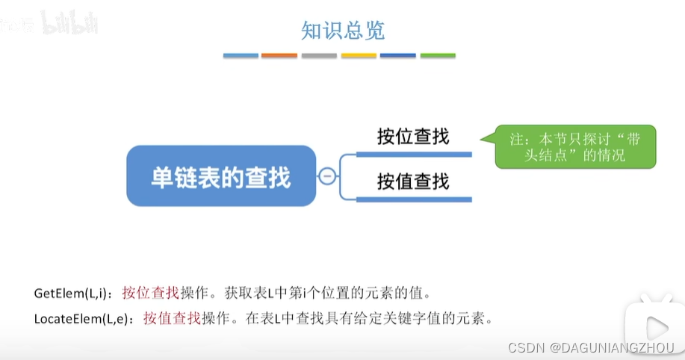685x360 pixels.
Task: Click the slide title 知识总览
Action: [x=342, y=31]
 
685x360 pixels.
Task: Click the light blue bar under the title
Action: [x=241, y=55]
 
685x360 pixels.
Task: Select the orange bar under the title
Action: [x=279, y=55]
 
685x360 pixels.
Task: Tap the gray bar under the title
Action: [x=319, y=55]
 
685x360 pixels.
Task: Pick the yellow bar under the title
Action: [x=359, y=55]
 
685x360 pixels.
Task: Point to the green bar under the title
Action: [x=438, y=55]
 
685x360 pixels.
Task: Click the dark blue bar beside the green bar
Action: [x=398, y=55]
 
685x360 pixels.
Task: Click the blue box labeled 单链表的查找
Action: [x=221, y=176]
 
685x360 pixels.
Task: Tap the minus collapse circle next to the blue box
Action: [x=326, y=176]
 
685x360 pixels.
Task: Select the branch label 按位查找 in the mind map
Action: [x=413, y=137]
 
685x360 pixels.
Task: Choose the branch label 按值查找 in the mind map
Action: [x=413, y=181]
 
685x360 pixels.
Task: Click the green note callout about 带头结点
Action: [x=574, y=146]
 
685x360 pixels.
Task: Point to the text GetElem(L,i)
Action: [x=72, y=292]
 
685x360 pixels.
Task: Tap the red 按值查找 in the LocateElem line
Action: [x=172, y=319]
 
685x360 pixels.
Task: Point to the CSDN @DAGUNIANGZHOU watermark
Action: [x=591, y=347]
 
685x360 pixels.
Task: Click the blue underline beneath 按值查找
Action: [x=414, y=199]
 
